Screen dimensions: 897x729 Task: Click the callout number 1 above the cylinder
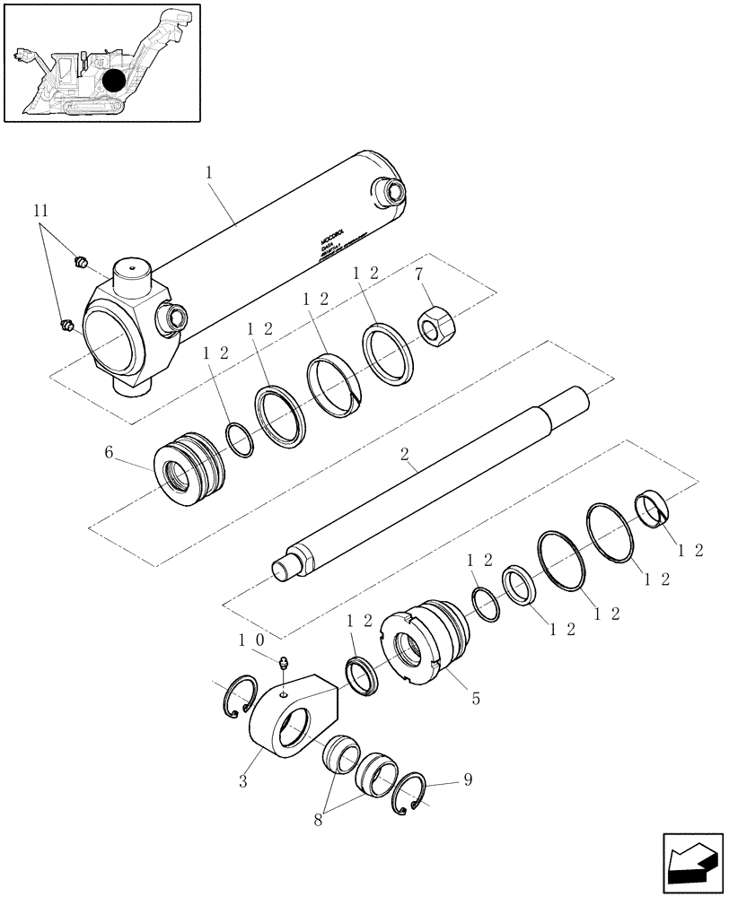[x=209, y=170]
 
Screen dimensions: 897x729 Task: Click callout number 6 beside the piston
[x=110, y=453]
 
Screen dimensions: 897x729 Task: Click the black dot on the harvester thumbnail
[x=114, y=82]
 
